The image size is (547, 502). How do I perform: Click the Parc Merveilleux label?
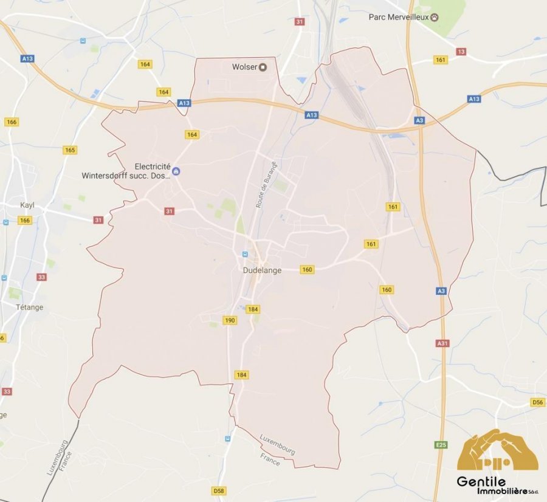tap(399, 17)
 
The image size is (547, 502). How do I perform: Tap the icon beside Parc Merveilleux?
tap(435, 17)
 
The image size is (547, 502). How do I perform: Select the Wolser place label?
tap(245, 67)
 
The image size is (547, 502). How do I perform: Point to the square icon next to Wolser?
tap(263, 67)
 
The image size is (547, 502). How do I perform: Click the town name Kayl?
tap(27, 205)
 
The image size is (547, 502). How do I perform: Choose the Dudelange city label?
tap(263, 270)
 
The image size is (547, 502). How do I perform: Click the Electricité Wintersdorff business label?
tap(126, 172)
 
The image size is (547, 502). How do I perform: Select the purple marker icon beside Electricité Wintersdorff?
tap(176, 171)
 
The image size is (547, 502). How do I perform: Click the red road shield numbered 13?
tap(461, 52)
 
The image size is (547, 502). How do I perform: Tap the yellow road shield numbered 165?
tap(70, 150)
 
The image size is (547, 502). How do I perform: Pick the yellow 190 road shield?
tap(230, 320)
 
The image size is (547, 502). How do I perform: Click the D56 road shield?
tap(537, 402)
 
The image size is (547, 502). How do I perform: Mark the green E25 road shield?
tap(441, 445)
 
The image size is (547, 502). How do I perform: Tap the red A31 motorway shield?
tap(442, 343)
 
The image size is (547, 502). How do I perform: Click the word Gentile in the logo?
tap(481, 481)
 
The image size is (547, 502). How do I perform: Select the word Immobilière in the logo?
tap(492, 491)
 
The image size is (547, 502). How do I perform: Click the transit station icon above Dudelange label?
tap(245, 254)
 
